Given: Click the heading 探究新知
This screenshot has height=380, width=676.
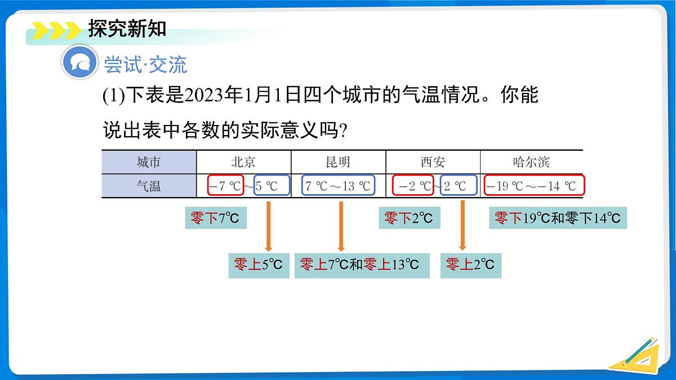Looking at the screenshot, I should tap(127, 28).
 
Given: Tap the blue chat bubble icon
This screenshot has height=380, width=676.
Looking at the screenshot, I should tap(79, 63).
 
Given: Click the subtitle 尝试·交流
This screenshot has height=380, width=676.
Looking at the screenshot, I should tap(145, 65).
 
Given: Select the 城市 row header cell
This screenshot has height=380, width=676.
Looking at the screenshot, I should tap(149, 162).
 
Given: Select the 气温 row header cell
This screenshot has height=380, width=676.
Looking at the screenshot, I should tap(149, 186).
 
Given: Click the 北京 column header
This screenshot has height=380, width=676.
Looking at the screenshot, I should tap(243, 162).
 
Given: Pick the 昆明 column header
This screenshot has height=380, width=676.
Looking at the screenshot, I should tap(338, 162).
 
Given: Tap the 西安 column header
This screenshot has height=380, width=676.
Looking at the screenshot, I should tap(433, 162).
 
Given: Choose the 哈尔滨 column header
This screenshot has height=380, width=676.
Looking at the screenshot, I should tap(531, 162).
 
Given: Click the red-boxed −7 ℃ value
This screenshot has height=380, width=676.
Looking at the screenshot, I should tap(225, 186).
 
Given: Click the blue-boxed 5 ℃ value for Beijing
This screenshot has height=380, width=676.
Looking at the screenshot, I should tap(272, 186).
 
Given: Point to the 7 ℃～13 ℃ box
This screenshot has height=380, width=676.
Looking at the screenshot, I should tap(338, 186).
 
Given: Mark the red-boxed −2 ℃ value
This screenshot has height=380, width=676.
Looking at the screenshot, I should tap(413, 186).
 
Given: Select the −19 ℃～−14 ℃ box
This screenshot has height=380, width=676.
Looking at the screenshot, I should tap(533, 186).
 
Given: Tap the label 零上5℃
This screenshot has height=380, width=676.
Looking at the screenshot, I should tap(258, 265).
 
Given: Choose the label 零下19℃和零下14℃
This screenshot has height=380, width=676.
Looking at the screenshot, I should tap(558, 218).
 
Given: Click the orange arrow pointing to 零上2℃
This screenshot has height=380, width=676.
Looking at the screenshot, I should tap(462, 225).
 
